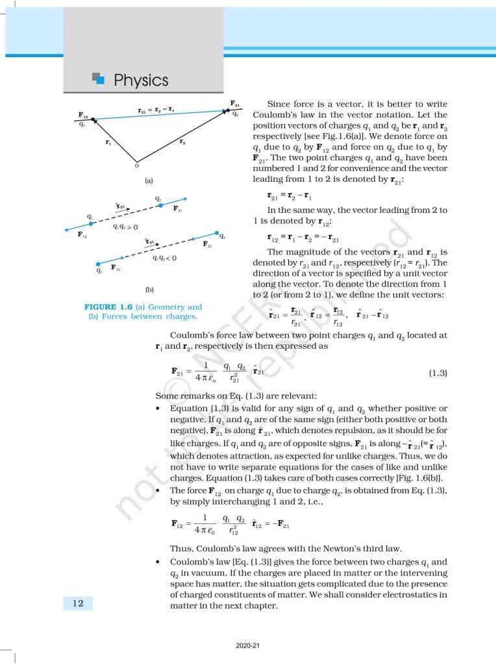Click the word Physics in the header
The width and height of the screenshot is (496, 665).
pyautogui.click(x=141, y=81)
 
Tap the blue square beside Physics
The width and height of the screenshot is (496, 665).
pyautogui.click(x=98, y=79)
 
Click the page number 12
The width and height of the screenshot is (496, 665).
pyautogui.click(x=77, y=603)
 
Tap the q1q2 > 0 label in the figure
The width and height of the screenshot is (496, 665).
pyautogui.click(x=125, y=227)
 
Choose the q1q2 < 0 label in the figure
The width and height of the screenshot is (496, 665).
pyautogui.click(x=164, y=258)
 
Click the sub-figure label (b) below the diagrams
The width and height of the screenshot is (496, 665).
pyautogui.click(x=149, y=288)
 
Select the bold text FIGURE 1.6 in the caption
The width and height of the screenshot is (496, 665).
pyautogui.click(x=110, y=307)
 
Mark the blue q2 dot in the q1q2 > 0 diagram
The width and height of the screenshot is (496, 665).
pyautogui.click(x=160, y=205)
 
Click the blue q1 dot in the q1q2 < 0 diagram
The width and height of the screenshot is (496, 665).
pyautogui.click(x=99, y=264)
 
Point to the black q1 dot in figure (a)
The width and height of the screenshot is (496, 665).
pyautogui.click(x=93, y=119)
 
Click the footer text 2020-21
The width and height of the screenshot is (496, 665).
pyautogui.click(x=247, y=647)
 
